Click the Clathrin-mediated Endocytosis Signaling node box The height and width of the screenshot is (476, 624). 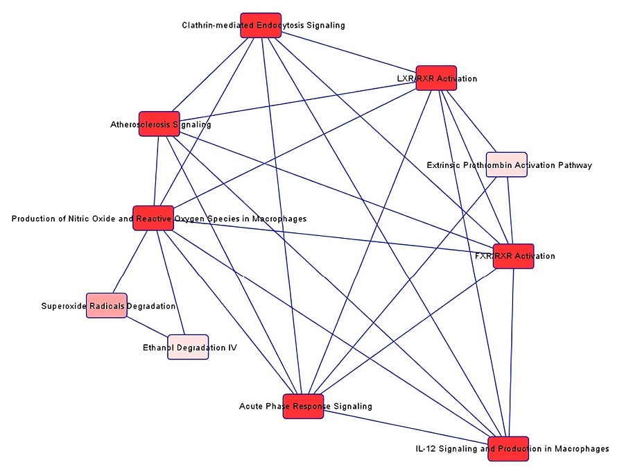pyautogui.click(x=261, y=25)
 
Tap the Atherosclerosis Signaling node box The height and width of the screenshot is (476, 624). pyautogui.click(x=159, y=124)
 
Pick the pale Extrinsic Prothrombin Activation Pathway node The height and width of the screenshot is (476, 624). pyautogui.click(x=506, y=164)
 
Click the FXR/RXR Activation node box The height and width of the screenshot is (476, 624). pyautogui.click(x=513, y=256)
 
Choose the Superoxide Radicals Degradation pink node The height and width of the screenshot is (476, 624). pyautogui.click(x=107, y=305)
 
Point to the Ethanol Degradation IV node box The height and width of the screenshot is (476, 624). pyautogui.click(x=188, y=347)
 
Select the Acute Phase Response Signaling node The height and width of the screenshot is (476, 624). pyautogui.click(x=304, y=406)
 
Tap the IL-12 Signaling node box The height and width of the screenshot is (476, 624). pyautogui.click(x=508, y=449)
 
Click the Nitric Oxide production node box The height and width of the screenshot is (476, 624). pyautogui.click(x=153, y=219)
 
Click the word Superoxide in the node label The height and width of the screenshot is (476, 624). pyautogui.click(x=63, y=306)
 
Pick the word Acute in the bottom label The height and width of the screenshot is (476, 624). pyautogui.click(x=250, y=407)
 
